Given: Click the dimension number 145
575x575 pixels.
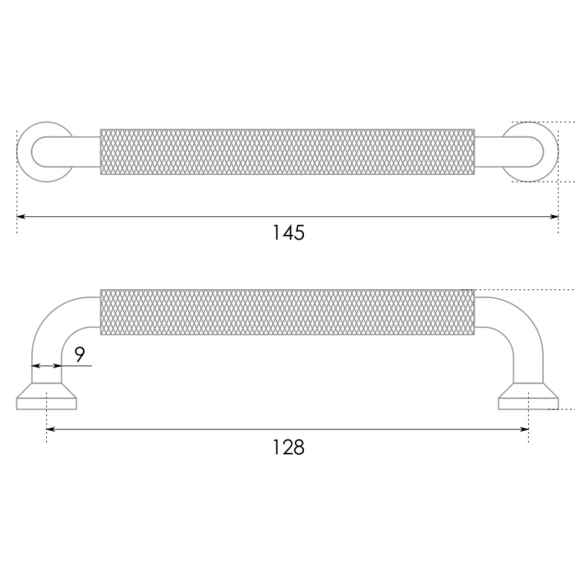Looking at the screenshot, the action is (x=288, y=232).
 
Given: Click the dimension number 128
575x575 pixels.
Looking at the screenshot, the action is (x=288, y=448).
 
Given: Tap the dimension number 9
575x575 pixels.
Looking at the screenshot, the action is (x=80, y=354).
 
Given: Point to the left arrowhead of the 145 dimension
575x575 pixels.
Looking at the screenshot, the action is (x=21, y=217).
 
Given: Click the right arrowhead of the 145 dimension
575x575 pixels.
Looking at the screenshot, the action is (x=554, y=217).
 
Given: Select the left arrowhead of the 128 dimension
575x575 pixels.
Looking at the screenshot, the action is (x=51, y=429).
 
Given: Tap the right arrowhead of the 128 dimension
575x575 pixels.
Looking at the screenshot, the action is (x=524, y=429).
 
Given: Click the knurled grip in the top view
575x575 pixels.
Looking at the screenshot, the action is (x=287, y=152).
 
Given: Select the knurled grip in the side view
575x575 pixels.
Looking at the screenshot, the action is (x=287, y=312).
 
